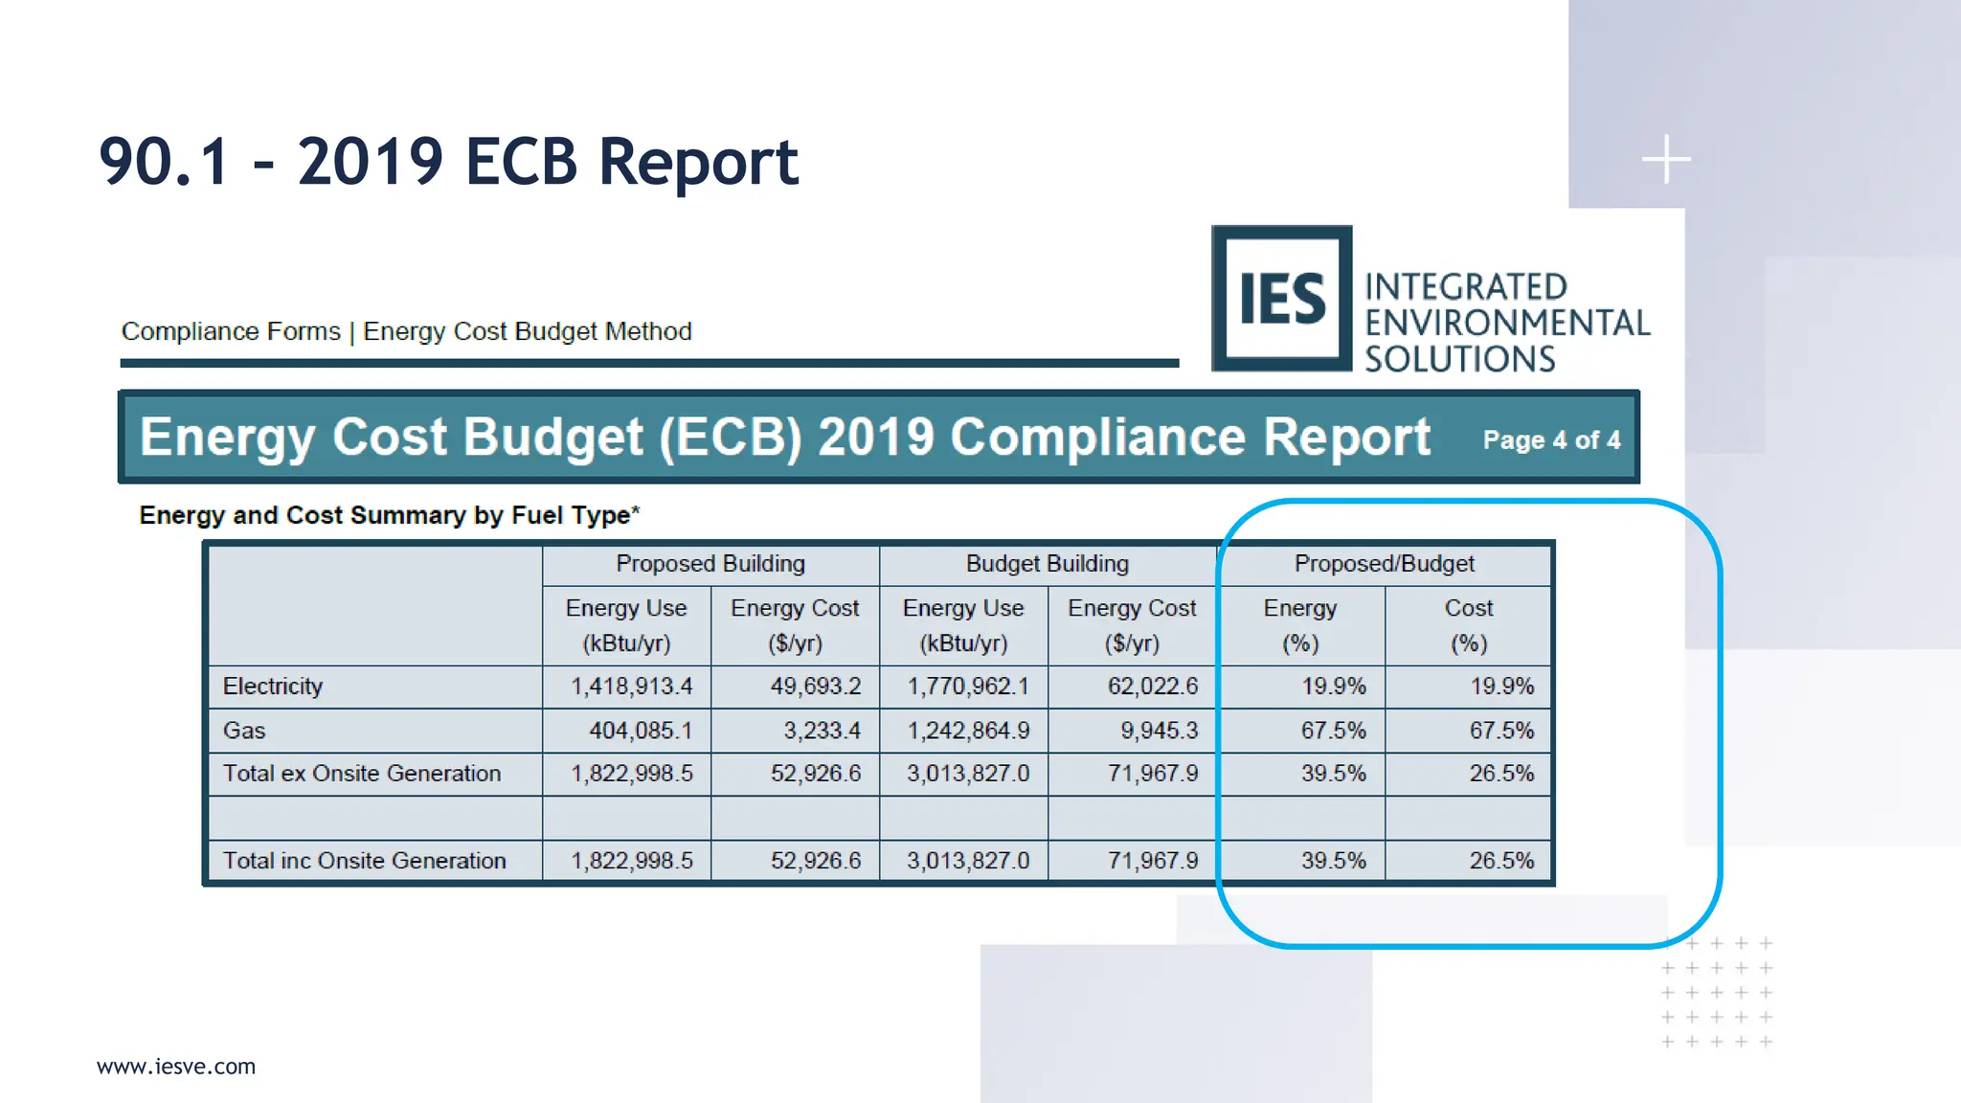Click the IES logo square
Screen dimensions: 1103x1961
[1281, 299]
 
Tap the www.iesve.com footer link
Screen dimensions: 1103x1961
[176, 1067]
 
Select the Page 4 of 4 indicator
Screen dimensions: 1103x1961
[1551, 440]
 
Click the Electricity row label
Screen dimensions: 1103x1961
[273, 687]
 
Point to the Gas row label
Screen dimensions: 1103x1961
[244, 731]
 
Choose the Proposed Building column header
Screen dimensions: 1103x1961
[710, 564]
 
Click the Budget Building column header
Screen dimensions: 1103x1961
[1047, 564]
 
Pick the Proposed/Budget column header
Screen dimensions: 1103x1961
[1384, 564]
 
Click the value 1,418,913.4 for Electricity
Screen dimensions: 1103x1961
[631, 687]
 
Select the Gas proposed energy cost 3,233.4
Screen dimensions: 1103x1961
[822, 731]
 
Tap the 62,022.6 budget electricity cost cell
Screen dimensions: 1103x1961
[1152, 687]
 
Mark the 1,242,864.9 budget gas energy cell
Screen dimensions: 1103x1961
[968, 731]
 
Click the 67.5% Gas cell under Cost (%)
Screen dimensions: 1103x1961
[1501, 731]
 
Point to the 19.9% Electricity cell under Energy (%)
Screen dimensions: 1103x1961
[1333, 687]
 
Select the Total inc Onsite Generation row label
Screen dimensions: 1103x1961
[364, 861]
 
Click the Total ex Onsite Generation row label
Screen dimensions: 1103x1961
[362, 774]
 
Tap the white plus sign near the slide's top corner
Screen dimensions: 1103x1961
[1666, 159]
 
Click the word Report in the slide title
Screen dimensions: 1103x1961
[698, 162]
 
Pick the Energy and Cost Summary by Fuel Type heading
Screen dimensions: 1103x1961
[389, 515]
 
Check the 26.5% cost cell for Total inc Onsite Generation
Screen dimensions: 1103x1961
[1501, 861]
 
